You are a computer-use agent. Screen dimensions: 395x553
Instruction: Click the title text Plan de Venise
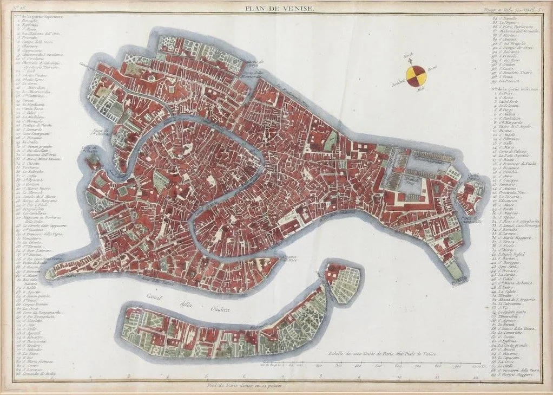pos(276,7)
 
